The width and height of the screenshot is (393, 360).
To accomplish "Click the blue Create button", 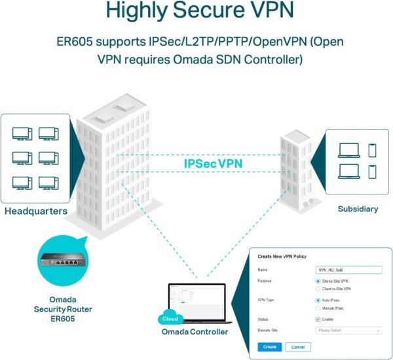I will click(270, 346).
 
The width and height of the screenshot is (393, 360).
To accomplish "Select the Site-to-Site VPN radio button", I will click(318, 281).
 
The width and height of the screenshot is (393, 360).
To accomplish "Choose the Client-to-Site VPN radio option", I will click(318, 289).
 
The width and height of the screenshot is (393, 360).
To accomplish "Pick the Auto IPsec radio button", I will click(318, 300).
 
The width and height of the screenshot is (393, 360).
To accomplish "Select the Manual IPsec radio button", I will click(318, 308).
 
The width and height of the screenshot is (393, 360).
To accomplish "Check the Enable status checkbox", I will click(318, 319).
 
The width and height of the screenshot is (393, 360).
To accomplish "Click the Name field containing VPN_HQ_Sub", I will click(348, 269).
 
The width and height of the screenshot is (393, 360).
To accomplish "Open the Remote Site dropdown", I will click(348, 331).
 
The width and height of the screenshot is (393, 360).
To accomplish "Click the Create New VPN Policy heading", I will click(282, 256).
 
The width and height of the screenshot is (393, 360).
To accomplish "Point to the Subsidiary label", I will click(358, 209).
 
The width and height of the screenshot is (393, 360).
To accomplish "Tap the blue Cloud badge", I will click(168, 319).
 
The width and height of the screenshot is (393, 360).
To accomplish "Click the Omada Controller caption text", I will click(195, 332).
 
